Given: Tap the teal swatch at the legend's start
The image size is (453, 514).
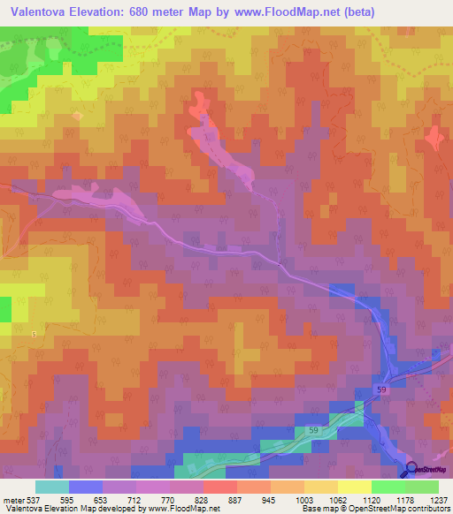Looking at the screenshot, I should click(52, 487).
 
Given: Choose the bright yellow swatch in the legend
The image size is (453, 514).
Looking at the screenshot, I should click(355, 487).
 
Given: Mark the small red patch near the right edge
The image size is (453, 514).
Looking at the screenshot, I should click(434, 139).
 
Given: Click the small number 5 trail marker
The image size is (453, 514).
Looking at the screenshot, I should click(34, 334).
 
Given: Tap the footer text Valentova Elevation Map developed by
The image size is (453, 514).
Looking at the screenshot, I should click(66, 509).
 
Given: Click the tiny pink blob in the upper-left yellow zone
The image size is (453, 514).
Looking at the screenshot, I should click(77, 115).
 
